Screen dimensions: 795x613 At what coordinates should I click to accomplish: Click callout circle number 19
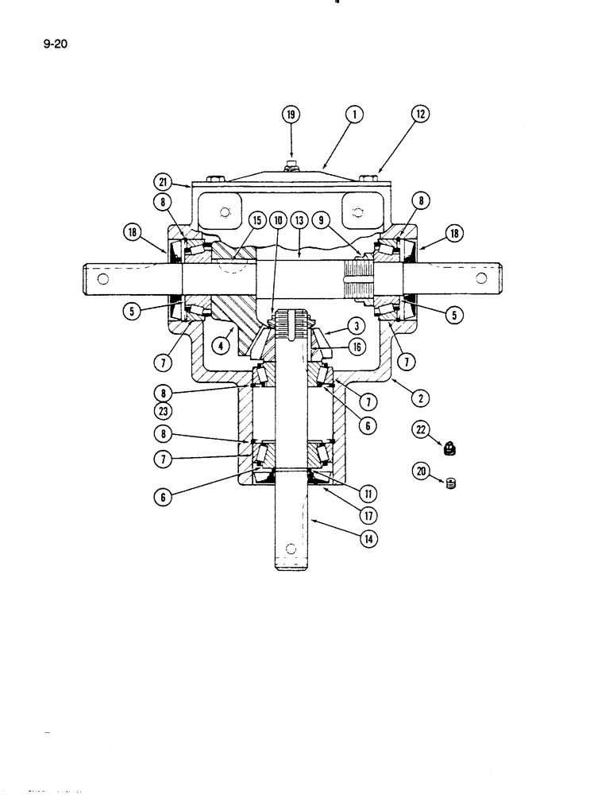point(291,114)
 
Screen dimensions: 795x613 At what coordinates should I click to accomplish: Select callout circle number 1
point(353,114)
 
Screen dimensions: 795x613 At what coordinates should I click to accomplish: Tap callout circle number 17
point(368,515)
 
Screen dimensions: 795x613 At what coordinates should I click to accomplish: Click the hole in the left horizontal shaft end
point(102,278)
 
